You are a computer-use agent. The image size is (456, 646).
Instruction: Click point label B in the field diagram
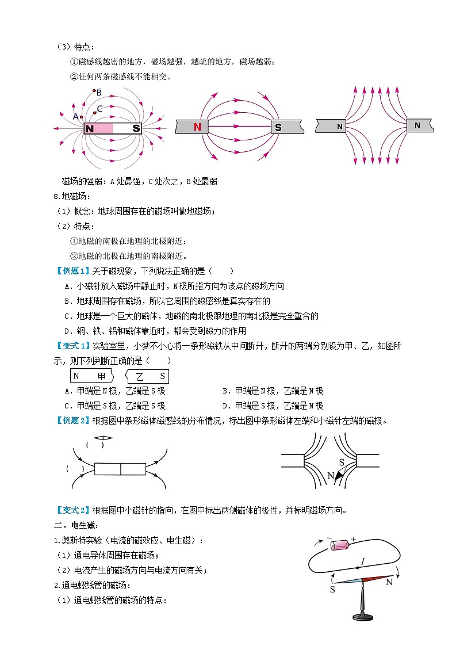tap(98, 92)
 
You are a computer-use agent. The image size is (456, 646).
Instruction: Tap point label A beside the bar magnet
tap(75, 116)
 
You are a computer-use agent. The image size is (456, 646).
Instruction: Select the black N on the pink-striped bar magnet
tap(89, 129)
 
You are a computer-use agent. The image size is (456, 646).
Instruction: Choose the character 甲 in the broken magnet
tap(102, 376)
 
